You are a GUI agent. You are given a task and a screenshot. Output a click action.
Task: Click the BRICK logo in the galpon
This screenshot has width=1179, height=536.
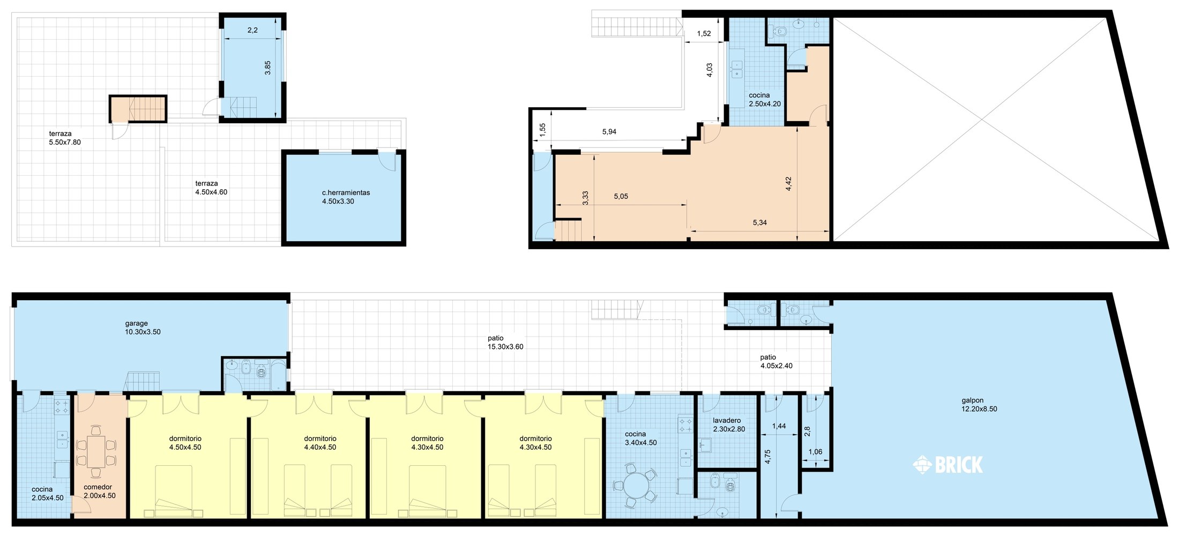point(947,465)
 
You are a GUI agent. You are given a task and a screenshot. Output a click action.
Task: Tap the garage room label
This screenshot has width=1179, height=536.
point(143,327)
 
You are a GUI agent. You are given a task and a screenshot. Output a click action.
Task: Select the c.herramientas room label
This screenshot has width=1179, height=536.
point(346,197)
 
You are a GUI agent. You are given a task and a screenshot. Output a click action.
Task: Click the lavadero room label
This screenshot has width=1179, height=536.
point(729,425)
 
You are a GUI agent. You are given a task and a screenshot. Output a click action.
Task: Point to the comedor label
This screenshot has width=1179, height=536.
point(99,492)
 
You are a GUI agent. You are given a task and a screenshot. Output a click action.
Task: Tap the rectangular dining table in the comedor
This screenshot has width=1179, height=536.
point(96,451)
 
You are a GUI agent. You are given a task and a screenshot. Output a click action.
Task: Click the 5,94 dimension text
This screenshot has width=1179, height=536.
point(609,132)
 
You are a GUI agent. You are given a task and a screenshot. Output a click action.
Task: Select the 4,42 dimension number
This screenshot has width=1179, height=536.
point(788,184)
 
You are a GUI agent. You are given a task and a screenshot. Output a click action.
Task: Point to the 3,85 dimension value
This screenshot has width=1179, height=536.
point(267,68)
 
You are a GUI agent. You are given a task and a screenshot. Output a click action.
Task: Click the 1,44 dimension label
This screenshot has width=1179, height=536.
point(779,426)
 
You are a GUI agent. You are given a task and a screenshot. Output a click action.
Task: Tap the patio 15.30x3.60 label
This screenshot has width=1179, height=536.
point(505,343)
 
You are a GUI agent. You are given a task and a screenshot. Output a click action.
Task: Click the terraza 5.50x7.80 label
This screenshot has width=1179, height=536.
point(65,138)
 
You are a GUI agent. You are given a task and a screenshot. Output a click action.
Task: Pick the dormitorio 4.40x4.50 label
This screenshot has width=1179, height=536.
point(320,443)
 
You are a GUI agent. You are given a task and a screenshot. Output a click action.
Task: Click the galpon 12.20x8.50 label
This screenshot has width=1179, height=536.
point(979,405)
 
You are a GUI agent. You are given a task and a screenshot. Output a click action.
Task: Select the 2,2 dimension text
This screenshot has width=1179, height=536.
point(252,31)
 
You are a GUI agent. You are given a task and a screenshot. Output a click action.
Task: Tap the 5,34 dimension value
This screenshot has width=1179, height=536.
point(759,222)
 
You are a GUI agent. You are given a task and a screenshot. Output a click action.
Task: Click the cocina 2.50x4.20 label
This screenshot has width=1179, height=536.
point(765,100)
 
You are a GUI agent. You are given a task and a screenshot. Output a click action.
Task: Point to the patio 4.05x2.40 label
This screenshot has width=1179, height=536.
point(776,361)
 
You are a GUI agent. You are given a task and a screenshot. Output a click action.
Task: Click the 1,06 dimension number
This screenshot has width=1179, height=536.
point(815,452)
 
